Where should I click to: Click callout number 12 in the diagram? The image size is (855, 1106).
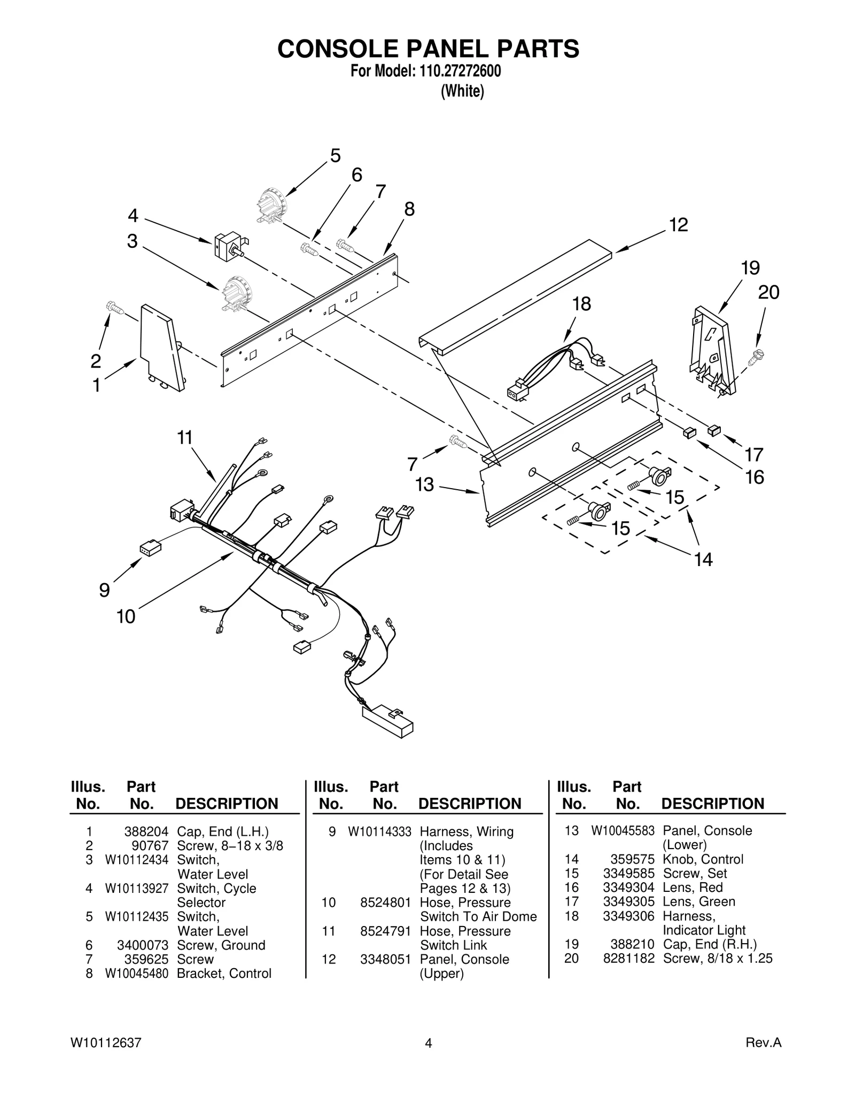678,225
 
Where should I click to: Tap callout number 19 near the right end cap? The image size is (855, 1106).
750,268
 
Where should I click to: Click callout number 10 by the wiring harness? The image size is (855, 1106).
126,617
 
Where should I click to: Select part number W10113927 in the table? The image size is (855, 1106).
136,888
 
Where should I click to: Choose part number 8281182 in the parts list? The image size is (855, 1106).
628,958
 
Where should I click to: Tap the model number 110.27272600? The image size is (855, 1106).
458,72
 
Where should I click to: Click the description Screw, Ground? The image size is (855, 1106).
221,945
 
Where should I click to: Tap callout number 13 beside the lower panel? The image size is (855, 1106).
425,485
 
